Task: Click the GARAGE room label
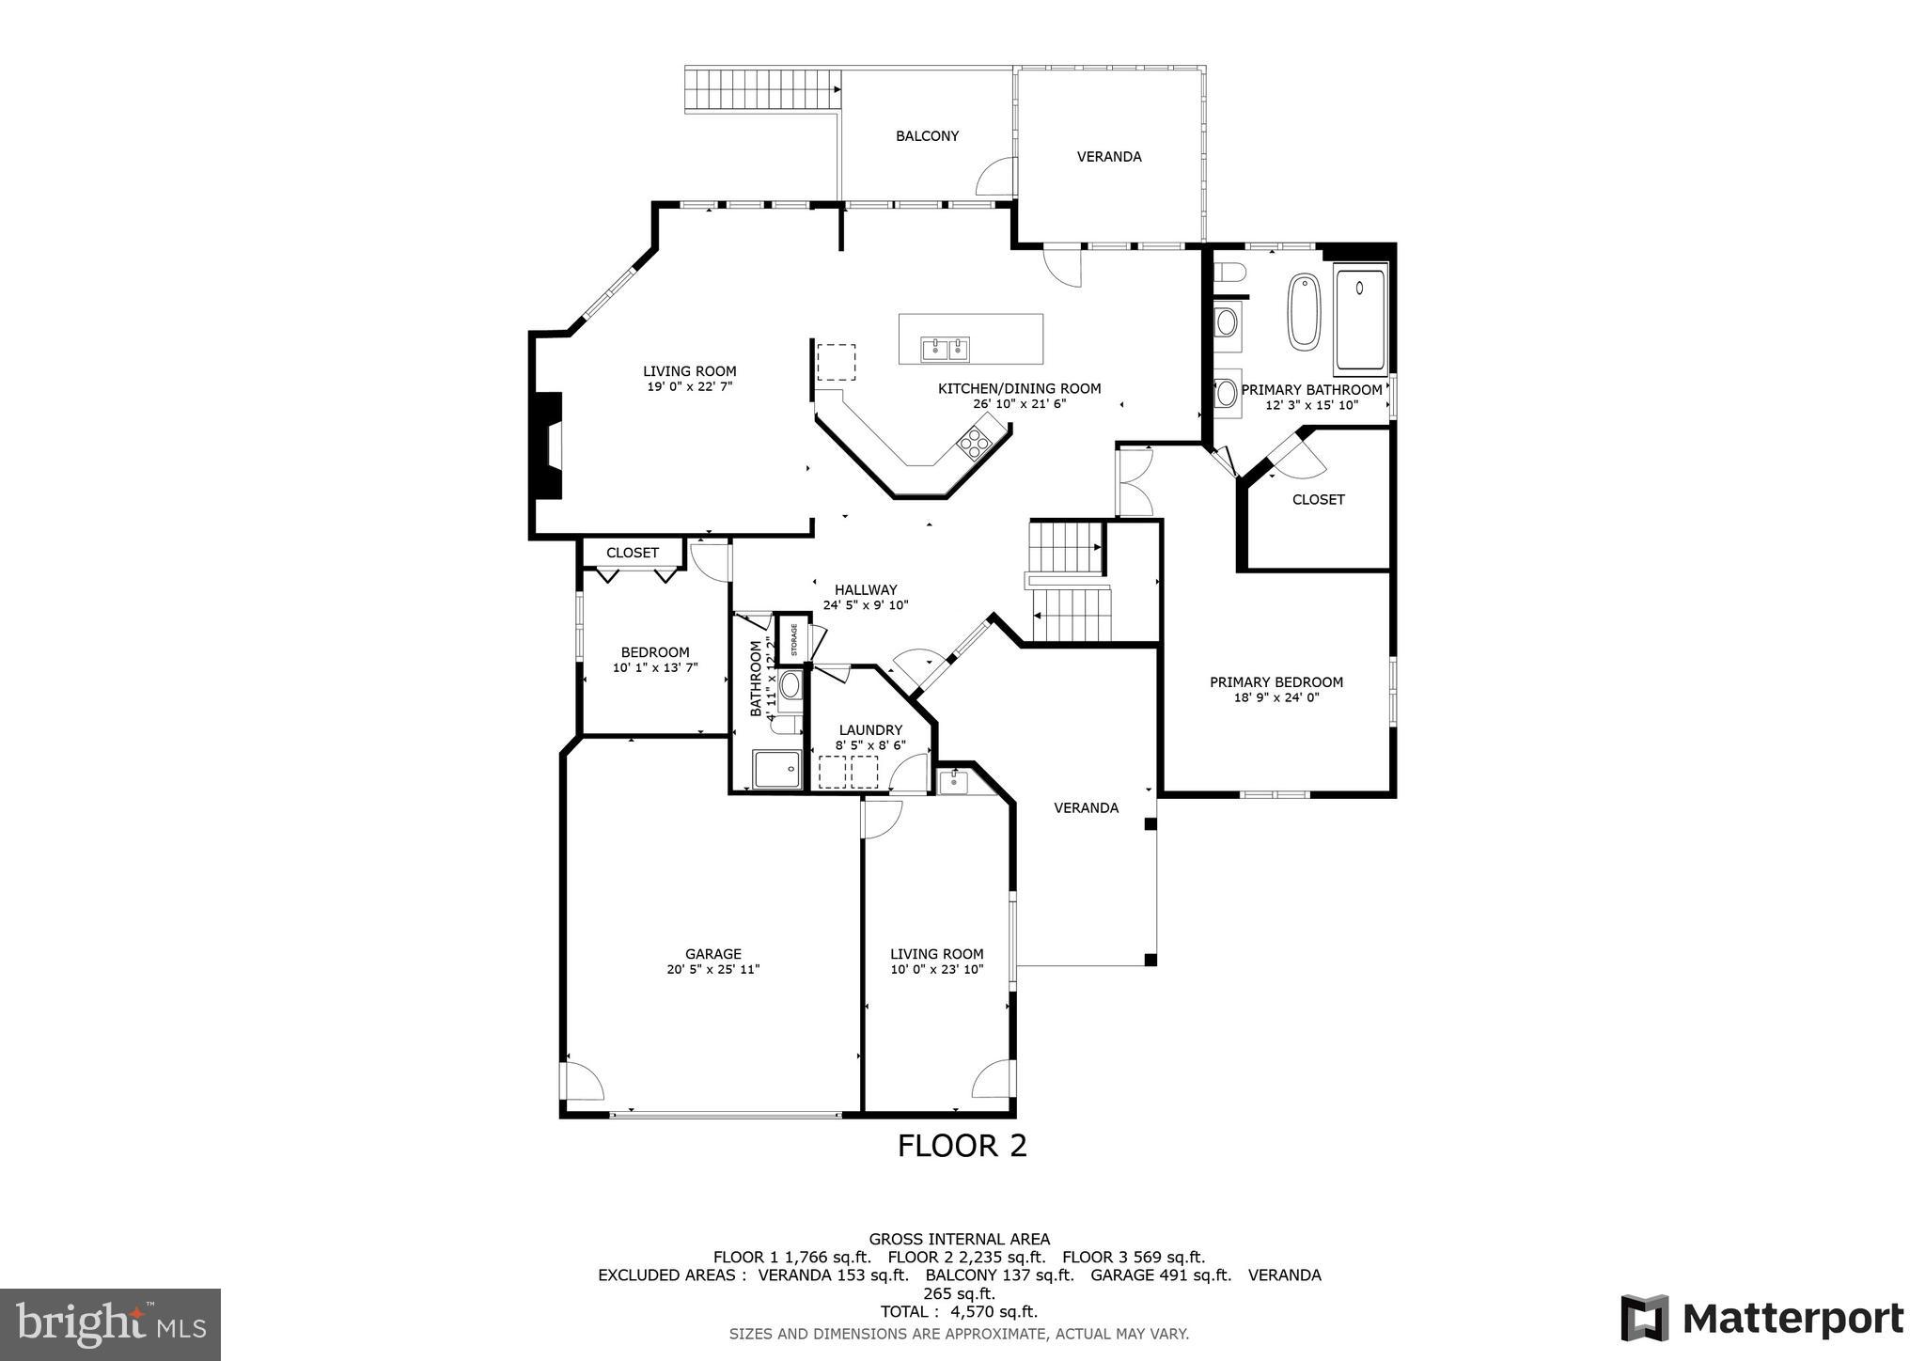tap(712, 953)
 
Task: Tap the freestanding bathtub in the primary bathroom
tap(1304, 312)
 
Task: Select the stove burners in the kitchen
tap(974, 442)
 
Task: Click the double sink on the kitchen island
tap(946, 350)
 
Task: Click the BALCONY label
tap(927, 136)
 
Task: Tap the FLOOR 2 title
tap(962, 1146)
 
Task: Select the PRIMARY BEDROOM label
tap(1276, 682)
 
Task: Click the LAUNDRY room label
tap(870, 729)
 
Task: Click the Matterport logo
tap(1762, 1318)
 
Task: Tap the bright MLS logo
tap(110, 1323)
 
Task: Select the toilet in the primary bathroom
tap(1229, 273)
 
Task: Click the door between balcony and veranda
tap(998, 176)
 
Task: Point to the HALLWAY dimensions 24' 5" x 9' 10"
tap(866, 605)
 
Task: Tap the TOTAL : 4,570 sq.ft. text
tap(959, 1311)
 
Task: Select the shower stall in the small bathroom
tap(776, 768)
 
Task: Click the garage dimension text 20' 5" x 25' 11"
tap(712, 969)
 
